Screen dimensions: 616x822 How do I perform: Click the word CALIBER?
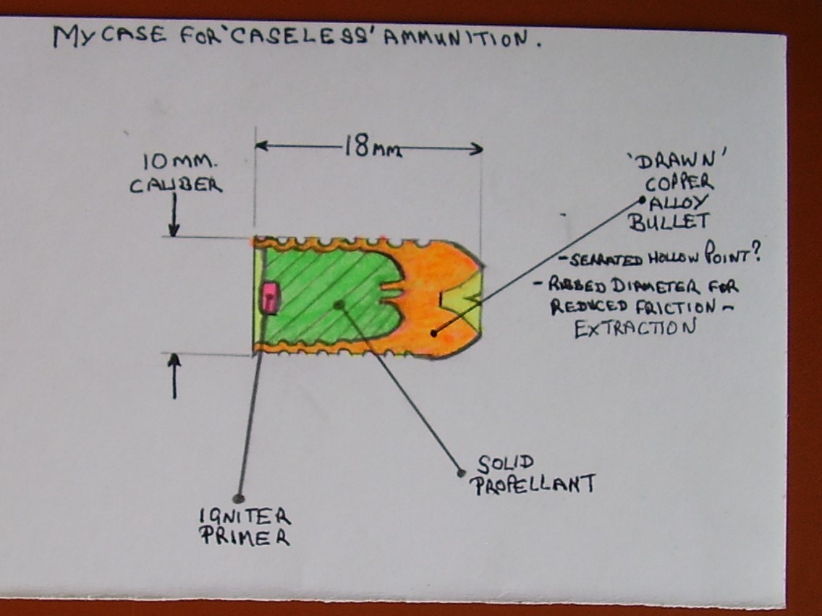(176, 185)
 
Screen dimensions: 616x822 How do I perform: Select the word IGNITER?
(244, 517)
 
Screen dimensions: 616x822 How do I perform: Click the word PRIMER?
(245, 539)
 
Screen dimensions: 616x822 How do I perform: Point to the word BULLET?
(669, 222)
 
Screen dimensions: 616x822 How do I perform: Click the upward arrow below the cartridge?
(174, 376)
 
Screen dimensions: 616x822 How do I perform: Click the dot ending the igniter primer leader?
(237, 498)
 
